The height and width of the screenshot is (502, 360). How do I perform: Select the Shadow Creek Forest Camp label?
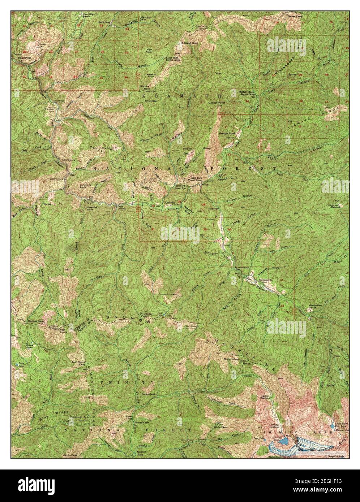(247, 93)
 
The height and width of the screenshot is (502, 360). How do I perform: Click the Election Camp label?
(35, 321)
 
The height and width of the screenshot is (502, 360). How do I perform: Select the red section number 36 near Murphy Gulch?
(125, 77)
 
